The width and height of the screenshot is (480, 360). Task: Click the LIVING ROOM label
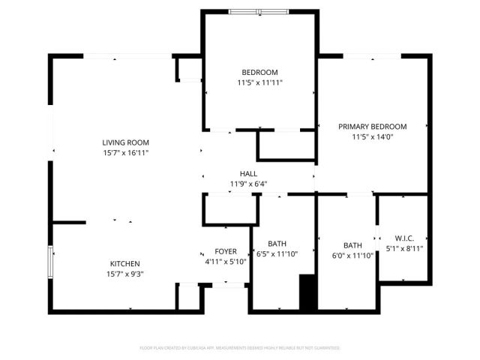126,142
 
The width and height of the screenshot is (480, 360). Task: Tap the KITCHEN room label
126,263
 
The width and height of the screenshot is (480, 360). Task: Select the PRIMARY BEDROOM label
372,127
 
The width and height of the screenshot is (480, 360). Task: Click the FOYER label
226,251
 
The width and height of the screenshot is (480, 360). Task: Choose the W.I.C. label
404,238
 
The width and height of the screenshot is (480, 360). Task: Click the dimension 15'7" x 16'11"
126,153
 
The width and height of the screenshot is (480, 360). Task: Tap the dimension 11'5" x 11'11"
259,83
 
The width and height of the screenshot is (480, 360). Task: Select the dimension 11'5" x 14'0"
372,137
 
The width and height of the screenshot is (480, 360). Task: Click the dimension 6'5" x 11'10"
277,254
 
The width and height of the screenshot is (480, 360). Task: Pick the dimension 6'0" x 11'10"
352,256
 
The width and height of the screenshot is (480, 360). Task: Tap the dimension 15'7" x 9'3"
126,274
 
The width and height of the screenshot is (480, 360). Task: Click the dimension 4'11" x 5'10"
226,262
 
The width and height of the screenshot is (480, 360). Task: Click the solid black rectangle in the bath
307,292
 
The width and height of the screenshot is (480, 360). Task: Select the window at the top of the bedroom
258,11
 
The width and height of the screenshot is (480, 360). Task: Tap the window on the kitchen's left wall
51,265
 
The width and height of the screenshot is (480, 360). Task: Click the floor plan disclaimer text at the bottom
240,348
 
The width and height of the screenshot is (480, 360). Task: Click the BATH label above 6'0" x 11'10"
352,245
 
